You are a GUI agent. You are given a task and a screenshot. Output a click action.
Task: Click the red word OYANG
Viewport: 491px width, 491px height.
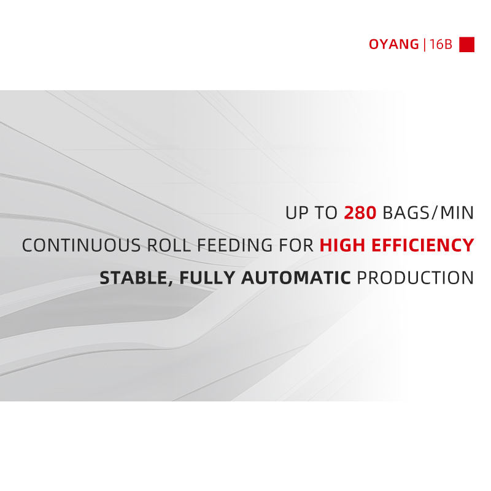tap(393, 44)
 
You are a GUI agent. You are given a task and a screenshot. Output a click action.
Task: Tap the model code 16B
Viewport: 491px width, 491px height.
tap(441, 44)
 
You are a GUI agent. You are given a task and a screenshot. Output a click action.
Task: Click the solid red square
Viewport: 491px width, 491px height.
tap(466, 44)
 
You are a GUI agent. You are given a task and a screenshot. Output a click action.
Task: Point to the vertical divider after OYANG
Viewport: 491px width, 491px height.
tap(424, 44)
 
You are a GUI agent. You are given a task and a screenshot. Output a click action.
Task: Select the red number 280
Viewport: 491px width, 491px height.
tap(360, 213)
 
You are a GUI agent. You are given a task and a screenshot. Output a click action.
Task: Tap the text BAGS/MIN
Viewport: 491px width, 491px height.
tap(428, 213)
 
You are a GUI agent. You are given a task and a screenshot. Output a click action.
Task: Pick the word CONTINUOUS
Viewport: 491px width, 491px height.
tap(82, 245)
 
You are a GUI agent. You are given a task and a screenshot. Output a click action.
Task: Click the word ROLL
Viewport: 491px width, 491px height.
tap(169, 245)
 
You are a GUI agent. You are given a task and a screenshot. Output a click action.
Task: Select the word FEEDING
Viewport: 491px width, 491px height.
tap(235, 245)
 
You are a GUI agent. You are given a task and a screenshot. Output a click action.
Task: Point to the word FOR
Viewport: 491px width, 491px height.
tap(296, 245)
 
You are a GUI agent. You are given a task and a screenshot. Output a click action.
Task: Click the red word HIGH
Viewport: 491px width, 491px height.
tap(342, 245)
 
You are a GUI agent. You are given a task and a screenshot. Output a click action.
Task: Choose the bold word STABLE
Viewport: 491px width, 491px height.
tap(134, 278)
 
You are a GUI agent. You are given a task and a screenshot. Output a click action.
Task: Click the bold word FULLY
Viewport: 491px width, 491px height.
tap(207, 278)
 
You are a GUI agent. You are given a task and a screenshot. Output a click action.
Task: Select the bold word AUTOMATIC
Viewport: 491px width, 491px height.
tap(296, 278)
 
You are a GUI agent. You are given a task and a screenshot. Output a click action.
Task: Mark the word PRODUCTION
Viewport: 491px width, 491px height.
tap(416, 278)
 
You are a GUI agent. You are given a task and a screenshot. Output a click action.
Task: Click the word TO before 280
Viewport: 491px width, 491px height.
tap(326, 213)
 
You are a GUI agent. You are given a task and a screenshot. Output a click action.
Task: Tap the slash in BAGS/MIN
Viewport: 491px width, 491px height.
tap(434, 213)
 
